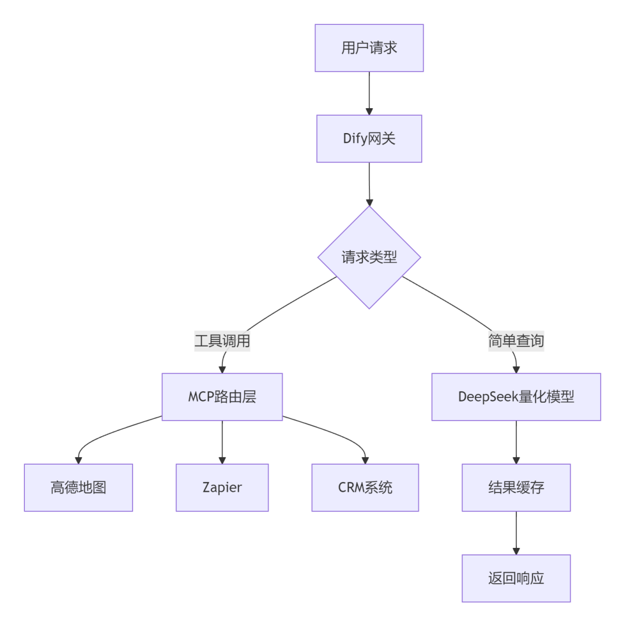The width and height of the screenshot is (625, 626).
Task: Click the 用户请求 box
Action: tap(369, 48)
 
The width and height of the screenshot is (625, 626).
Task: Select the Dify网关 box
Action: tap(369, 139)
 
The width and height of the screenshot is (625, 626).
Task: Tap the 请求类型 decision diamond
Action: tap(369, 257)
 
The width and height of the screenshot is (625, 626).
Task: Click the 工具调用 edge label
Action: tap(222, 341)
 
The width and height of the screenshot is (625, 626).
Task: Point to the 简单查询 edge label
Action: tap(516, 341)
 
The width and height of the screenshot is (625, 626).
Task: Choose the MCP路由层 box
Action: tap(222, 397)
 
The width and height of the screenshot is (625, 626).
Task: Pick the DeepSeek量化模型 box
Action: tap(516, 397)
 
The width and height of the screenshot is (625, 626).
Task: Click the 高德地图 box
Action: tap(78, 488)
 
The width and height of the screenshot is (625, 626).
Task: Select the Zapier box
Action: tap(222, 488)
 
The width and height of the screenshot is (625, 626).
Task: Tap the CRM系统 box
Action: tap(365, 488)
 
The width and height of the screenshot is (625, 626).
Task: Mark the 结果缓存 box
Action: tap(516, 488)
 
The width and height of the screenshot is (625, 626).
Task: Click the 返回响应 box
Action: tap(516, 579)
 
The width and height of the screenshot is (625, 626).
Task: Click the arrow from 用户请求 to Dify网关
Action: tap(369, 93)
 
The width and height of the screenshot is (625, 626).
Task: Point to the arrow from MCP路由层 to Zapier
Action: tap(222, 441)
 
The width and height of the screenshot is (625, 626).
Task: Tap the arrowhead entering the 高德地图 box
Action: tap(78, 460)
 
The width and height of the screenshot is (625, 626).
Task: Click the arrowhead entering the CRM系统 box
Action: tap(365, 460)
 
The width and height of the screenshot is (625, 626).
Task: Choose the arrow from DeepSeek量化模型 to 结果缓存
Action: tap(516, 441)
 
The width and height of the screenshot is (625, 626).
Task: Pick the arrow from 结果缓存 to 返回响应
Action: tap(516, 532)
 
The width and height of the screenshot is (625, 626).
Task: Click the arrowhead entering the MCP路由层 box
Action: tap(223, 369)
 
